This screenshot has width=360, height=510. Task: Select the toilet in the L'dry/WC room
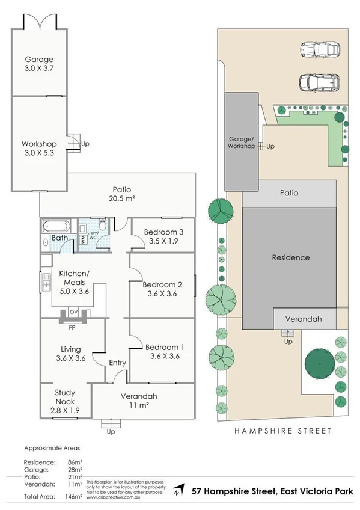pos(103,224)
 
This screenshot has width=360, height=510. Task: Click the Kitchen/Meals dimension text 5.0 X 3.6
pos(74,291)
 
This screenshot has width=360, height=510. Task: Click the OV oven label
pos(74,312)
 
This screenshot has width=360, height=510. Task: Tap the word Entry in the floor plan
pos(117,363)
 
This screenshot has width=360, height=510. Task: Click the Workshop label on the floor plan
pos(39,144)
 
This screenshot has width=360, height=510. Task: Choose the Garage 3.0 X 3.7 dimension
pos(39,69)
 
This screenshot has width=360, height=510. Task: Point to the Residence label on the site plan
pos(290,257)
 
